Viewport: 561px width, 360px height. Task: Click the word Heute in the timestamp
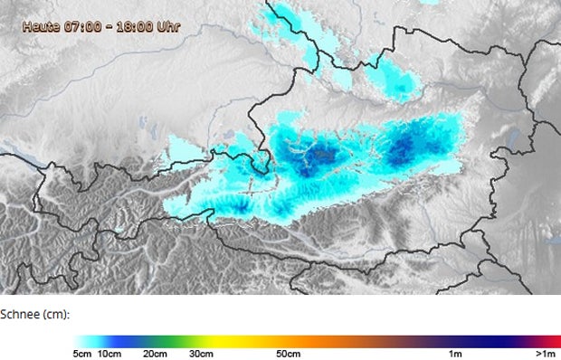click(x=41, y=27)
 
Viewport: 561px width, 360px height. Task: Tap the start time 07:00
click(x=82, y=27)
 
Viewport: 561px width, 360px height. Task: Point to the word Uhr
click(x=167, y=27)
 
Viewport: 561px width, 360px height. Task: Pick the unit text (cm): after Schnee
click(x=56, y=315)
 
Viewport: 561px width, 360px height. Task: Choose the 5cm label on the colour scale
click(x=83, y=353)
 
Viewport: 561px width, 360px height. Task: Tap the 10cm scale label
click(x=109, y=353)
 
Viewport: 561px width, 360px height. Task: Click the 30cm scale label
click(x=202, y=353)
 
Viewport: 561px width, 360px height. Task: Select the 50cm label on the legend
click(x=288, y=353)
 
